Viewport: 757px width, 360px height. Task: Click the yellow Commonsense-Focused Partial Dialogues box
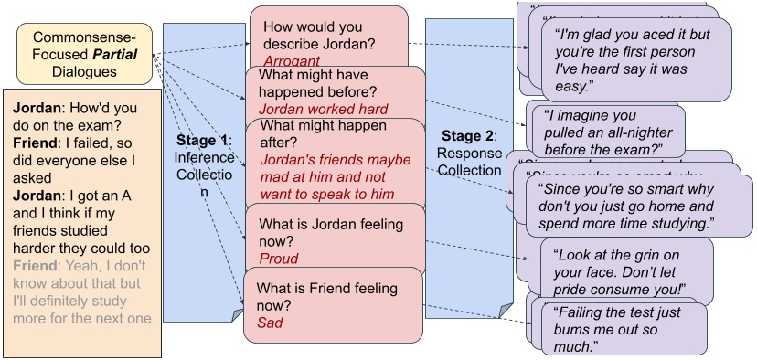[x=85, y=52]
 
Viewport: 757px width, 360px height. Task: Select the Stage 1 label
[x=204, y=140]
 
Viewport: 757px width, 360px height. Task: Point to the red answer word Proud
[x=278, y=259]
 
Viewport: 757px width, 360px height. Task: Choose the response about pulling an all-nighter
[x=604, y=132]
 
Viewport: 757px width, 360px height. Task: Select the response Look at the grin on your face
[x=625, y=273]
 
